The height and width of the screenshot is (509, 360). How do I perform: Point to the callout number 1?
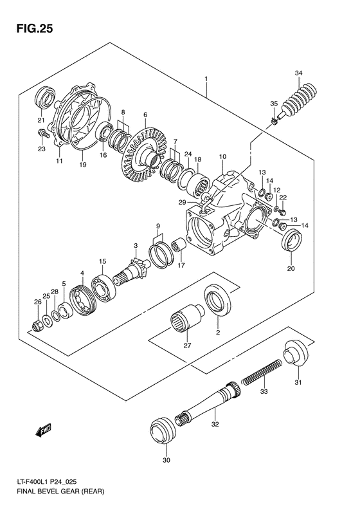[206, 79]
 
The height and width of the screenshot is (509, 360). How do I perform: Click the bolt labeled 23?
[42, 134]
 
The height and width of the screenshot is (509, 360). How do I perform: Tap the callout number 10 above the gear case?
[222, 156]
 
